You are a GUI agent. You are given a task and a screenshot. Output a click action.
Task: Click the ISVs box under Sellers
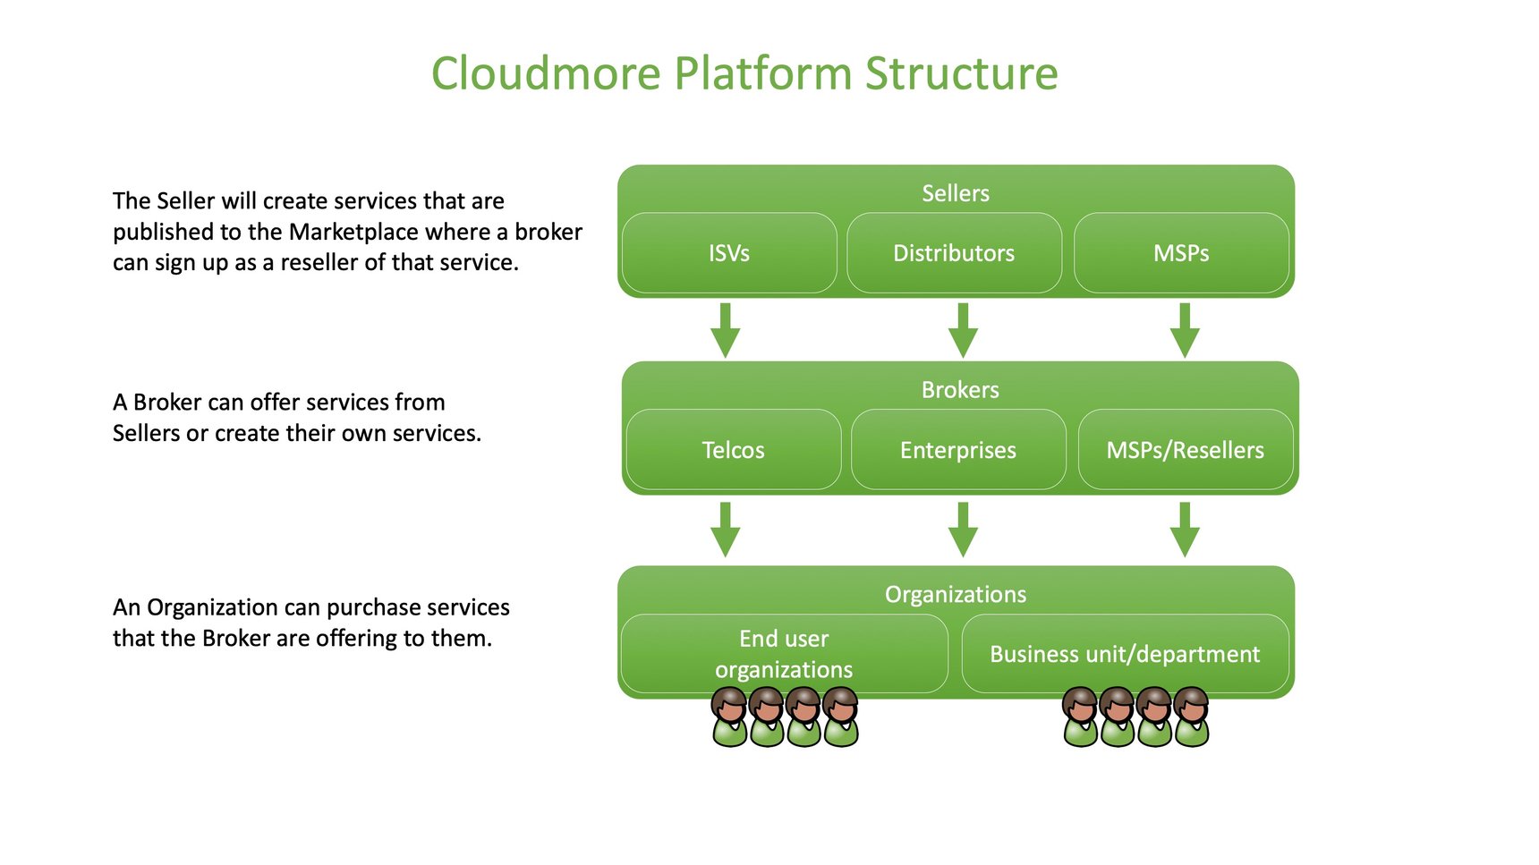tap(729, 253)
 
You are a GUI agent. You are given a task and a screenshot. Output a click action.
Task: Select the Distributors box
tap(954, 253)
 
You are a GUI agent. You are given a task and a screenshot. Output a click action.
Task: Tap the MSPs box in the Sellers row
tap(1181, 253)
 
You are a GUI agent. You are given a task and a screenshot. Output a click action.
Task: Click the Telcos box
tap(733, 450)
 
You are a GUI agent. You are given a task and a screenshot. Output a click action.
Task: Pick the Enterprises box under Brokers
tap(958, 450)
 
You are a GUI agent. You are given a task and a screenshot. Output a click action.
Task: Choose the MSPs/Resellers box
tap(1185, 450)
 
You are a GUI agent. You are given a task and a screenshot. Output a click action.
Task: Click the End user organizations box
tap(784, 654)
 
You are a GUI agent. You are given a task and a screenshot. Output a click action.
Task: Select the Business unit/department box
tap(1125, 654)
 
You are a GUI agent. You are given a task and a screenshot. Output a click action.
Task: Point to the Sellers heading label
tap(956, 193)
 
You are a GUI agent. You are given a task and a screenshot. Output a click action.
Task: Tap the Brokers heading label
tap(960, 390)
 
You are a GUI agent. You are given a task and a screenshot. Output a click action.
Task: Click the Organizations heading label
tap(956, 595)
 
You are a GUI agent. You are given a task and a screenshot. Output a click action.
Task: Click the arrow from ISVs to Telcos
tap(725, 331)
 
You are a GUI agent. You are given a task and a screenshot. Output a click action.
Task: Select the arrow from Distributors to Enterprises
tap(963, 331)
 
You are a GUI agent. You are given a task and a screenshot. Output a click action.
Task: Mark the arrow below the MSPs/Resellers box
tap(1185, 530)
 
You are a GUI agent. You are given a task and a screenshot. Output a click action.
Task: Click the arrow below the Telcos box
tap(725, 530)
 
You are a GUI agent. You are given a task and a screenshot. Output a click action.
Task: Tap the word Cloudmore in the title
tap(546, 73)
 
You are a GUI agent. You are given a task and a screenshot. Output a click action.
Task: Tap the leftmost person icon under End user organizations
tap(729, 717)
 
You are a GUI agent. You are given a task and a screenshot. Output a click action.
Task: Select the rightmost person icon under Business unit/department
tap(1191, 717)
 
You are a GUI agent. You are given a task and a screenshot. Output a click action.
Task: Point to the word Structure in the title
tap(961, 73)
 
